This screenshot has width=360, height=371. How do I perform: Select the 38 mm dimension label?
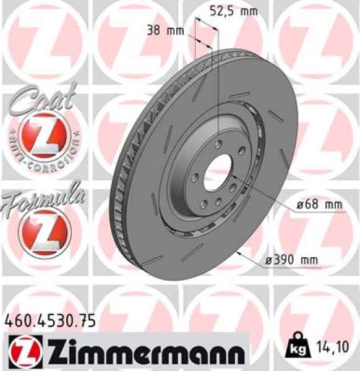[x=163, y=30]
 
